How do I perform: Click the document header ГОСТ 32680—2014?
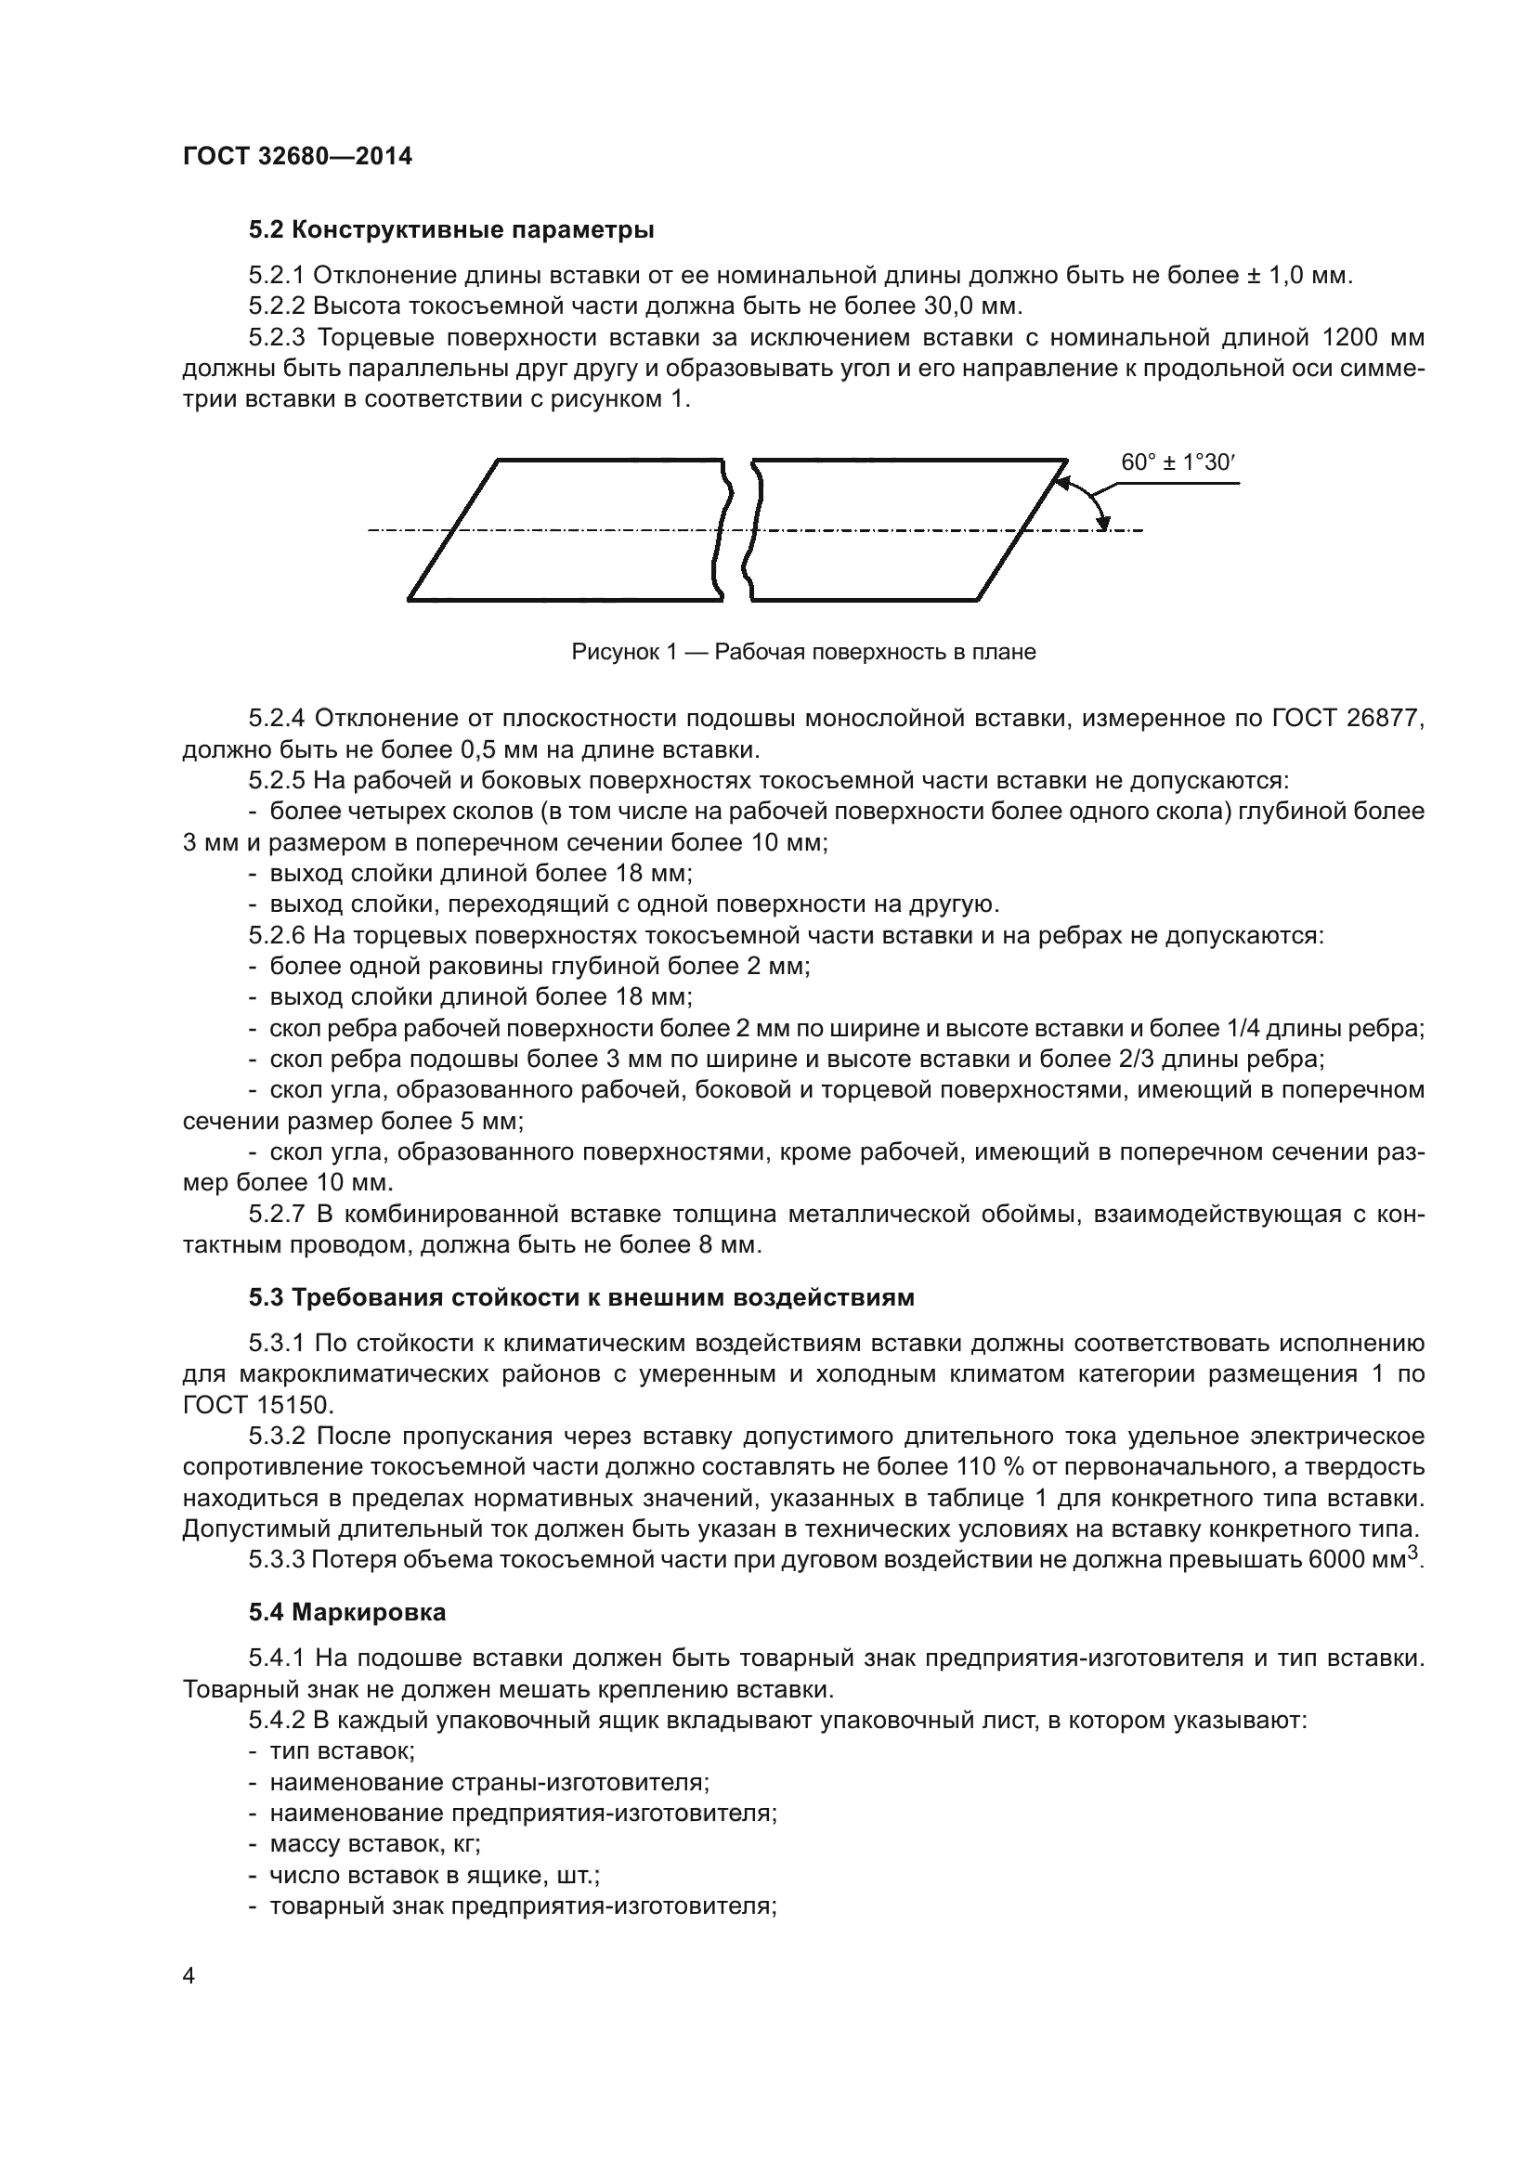pos(297,157)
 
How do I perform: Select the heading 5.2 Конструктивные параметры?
pos(452,230)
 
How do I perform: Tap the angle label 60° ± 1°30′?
pos(1178,462)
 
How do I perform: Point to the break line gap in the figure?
pos(737,529)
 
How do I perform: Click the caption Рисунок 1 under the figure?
pos(803,652)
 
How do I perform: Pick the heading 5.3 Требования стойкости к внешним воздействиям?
pos(581,1297)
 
